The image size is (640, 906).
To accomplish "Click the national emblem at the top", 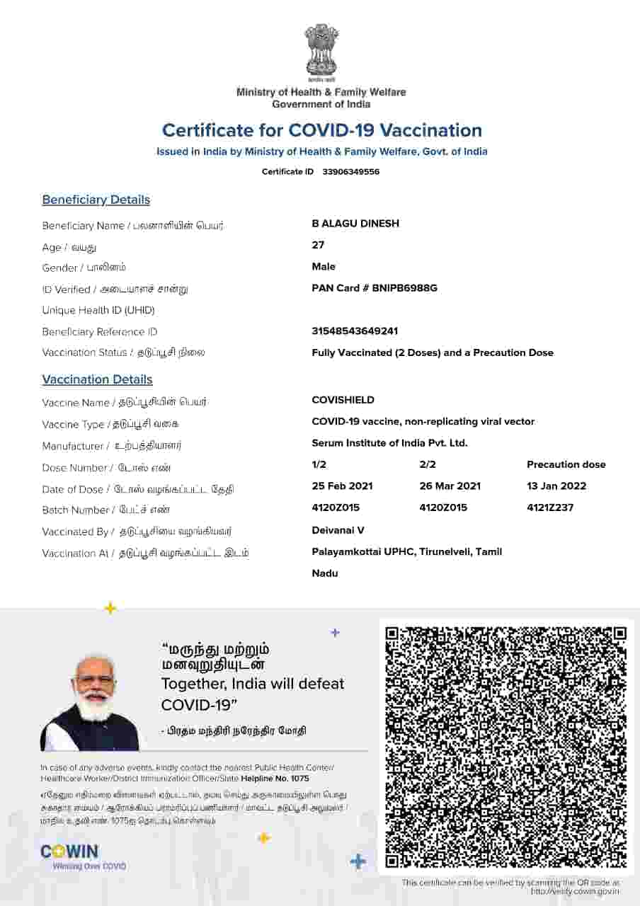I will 321,52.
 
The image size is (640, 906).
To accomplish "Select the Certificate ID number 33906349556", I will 350,172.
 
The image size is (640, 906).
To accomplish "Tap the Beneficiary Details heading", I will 96,200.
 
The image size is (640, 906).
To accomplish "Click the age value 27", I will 318,245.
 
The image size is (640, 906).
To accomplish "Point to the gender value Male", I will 324,267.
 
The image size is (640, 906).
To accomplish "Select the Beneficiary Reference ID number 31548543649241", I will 355,331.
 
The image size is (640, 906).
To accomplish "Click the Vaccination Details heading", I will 97,379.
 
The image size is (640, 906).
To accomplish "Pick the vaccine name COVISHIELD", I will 343,400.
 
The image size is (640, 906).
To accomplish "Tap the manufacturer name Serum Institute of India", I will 389,443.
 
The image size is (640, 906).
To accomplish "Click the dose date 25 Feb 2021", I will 342,486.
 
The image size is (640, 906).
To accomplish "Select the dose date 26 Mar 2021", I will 450,486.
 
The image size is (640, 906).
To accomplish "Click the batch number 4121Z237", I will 550,508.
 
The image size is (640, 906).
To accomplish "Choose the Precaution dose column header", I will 566,464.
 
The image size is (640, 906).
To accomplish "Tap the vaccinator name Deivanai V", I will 338,530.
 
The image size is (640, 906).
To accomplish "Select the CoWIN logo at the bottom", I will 69,852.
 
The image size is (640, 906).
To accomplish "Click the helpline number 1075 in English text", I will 299,779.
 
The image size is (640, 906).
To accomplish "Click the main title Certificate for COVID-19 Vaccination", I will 321,130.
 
